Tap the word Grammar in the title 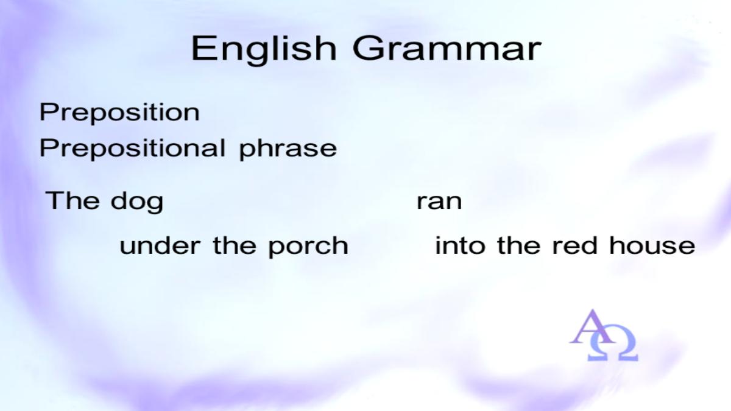pos(447,48)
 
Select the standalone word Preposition pos(119,113)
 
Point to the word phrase pos(288,149)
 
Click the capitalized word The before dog pos(72,200)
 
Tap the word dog pos(137,202)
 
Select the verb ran pos(439,202)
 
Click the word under pos(160,245)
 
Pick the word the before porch pos(235,245)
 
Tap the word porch pos(308,247)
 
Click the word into pos(460,245)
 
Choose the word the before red pos(518,245)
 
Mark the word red pos(574,245)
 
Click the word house pos(652,245)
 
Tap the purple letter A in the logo pos(592,326)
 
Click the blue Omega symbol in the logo pos(613,346)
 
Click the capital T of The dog pos(56,200)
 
